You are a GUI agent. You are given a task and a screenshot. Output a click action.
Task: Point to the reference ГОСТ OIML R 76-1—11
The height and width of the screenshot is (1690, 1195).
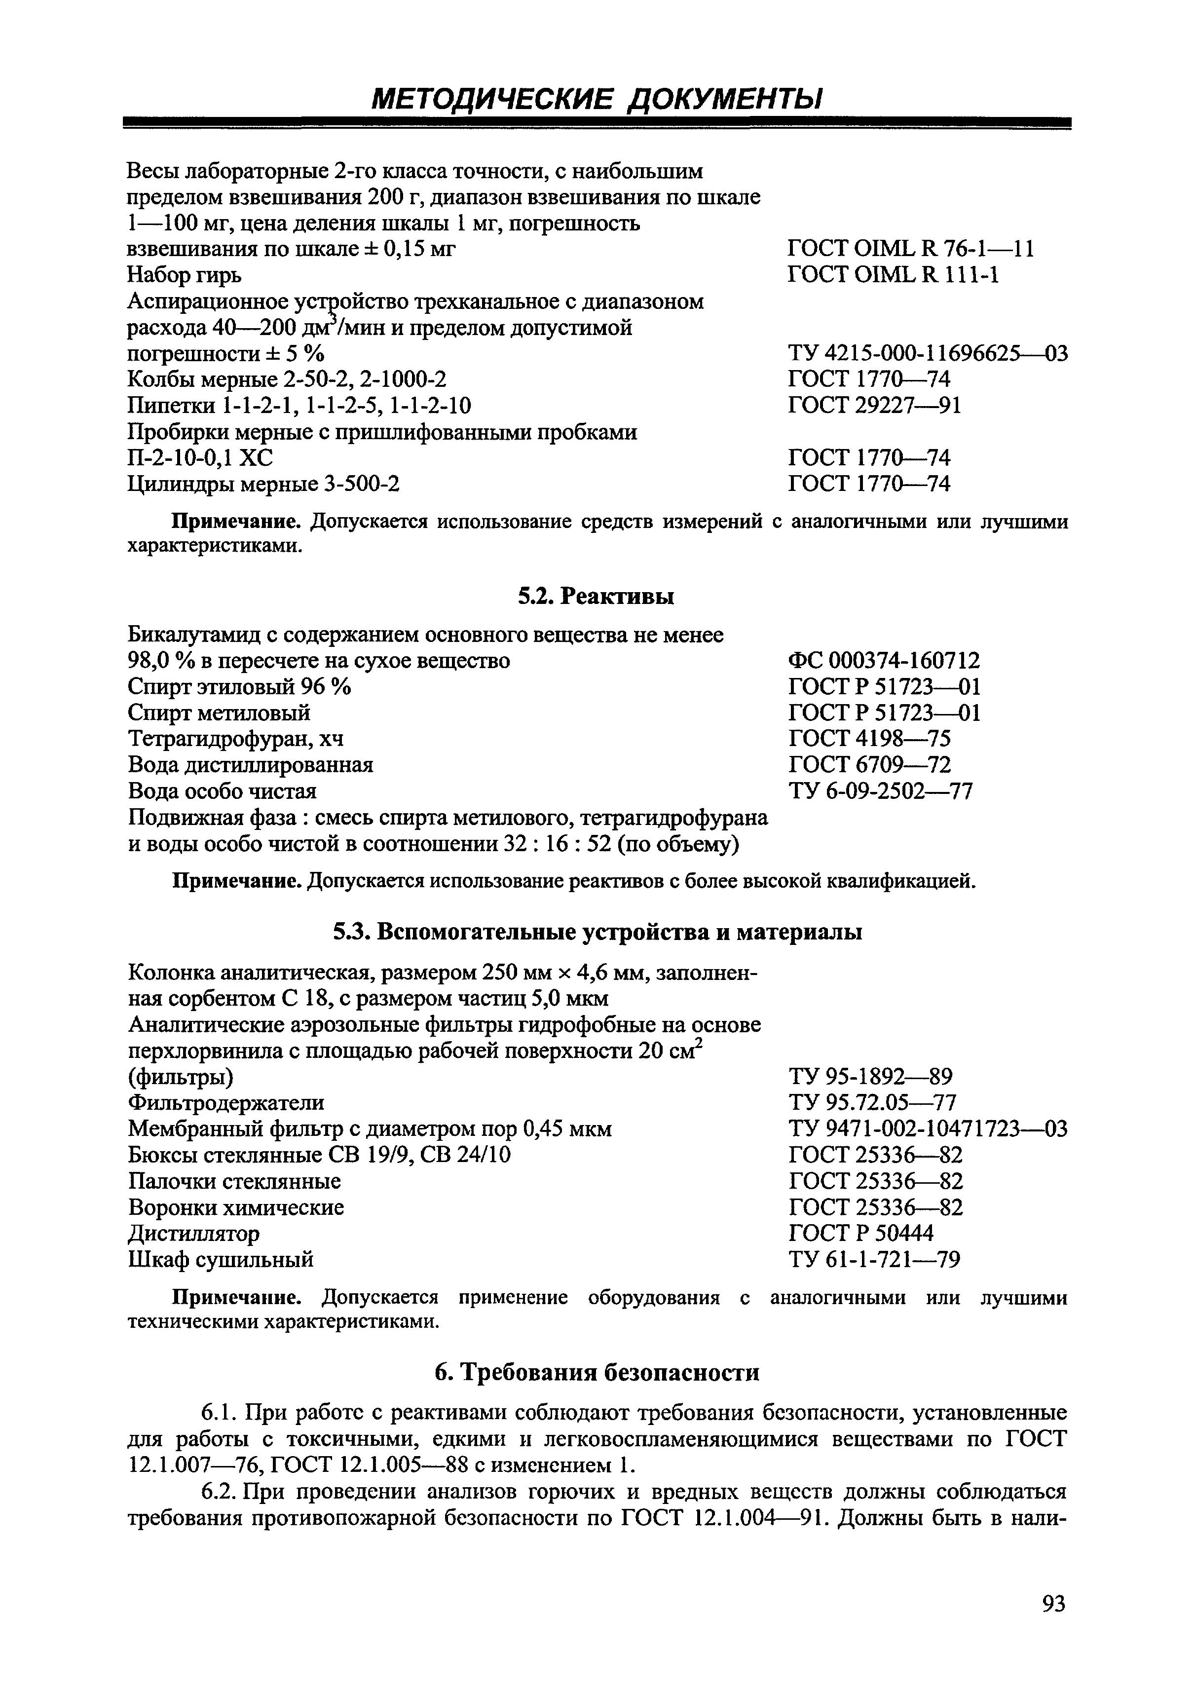tap(910, 250)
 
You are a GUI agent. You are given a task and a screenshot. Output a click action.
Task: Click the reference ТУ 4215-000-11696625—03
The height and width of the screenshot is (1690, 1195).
tap(927, 354)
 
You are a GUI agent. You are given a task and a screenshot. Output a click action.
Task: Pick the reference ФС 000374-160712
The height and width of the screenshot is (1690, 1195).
tap(884, 660)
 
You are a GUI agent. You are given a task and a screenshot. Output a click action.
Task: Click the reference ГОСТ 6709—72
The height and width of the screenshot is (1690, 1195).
tap(869, 765)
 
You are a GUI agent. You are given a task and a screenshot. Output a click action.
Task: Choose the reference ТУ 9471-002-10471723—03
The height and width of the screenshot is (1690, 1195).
tap(927, 1128)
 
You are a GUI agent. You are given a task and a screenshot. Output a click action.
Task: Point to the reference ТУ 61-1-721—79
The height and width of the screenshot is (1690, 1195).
tap(873, 1259)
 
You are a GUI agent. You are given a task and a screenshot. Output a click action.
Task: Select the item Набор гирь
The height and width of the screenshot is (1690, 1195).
tap(184, 276)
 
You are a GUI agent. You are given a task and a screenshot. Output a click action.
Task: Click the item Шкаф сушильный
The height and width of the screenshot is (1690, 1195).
tap(221, 1259)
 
